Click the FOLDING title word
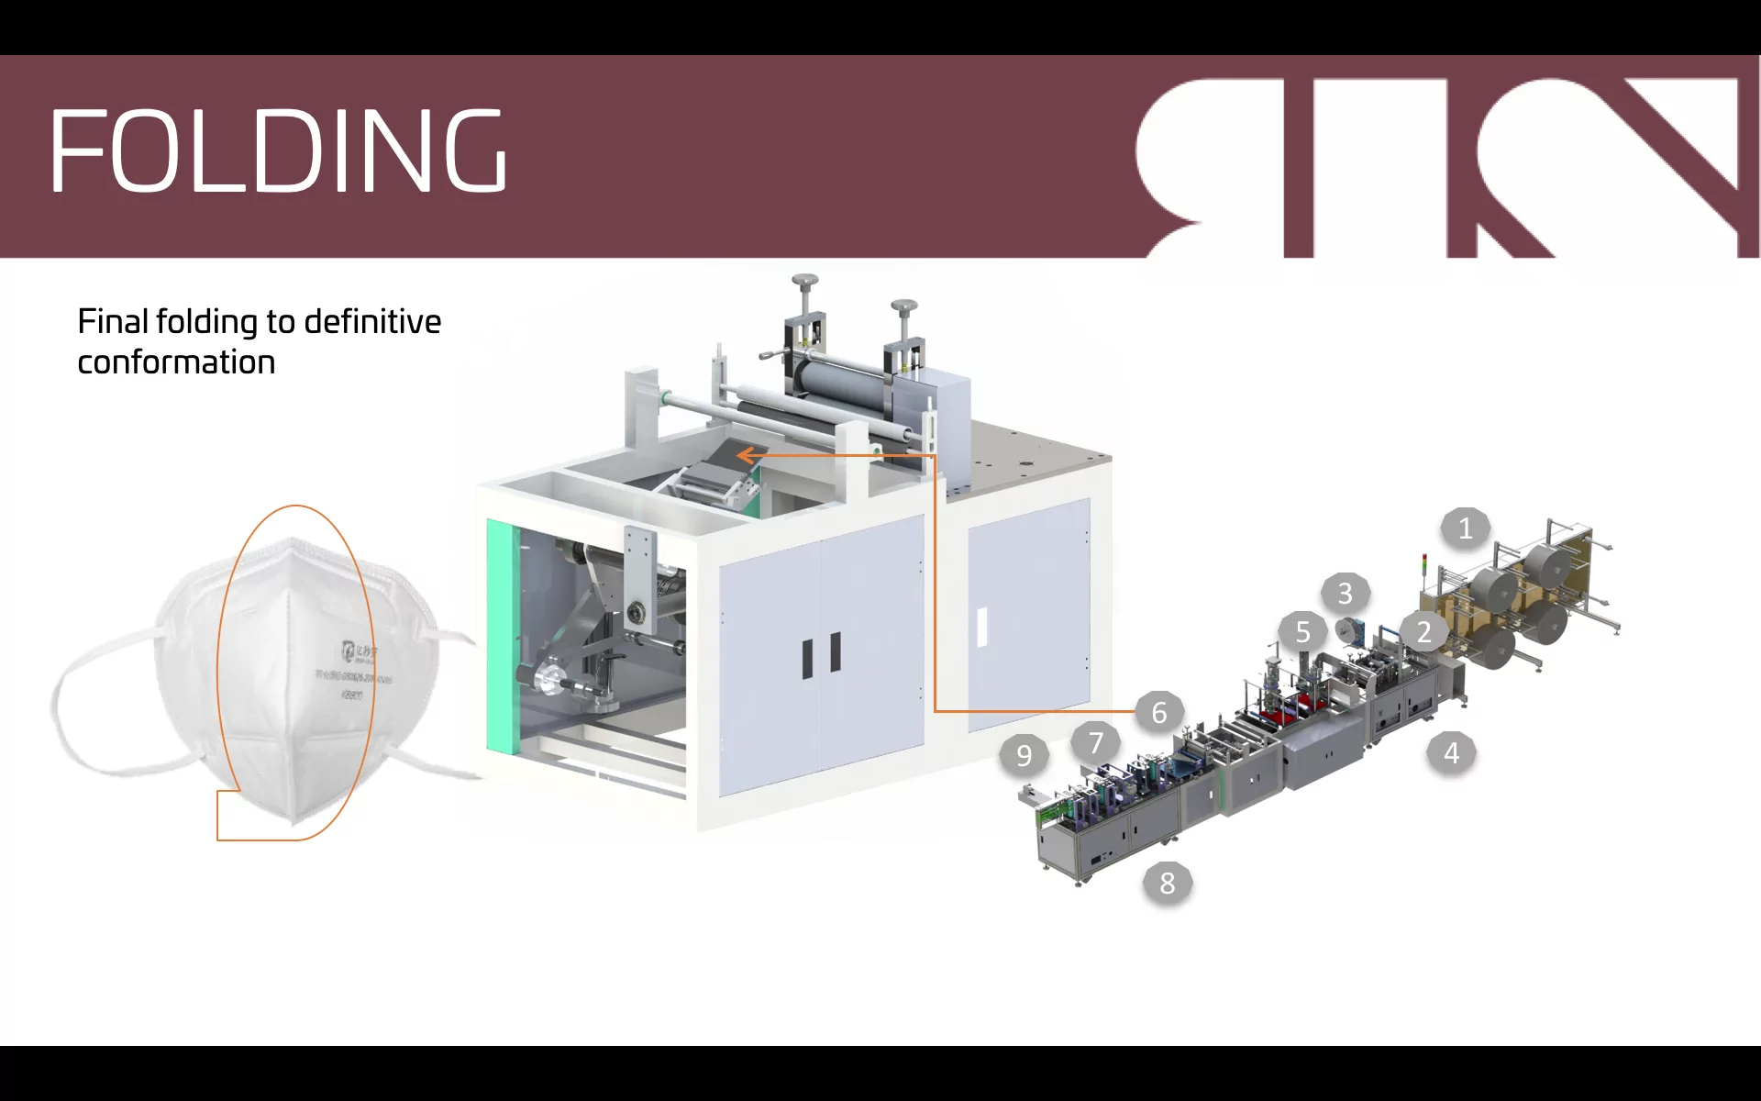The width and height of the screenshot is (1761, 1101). pos(277,150)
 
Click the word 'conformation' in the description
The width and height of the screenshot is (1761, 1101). pos(176,362)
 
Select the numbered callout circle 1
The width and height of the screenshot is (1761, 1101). pos(1465,528)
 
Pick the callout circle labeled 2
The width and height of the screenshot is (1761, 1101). pos(1423,632)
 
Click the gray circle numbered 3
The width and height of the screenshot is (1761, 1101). pos(1345,594)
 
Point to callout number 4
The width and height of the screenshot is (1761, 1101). pos(1451,753)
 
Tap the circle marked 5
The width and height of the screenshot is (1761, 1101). pos(1302,632)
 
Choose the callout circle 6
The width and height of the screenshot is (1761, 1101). pos(1159,712)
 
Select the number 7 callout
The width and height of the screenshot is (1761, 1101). pos(1095,742)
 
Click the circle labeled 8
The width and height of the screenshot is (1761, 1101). pos(1167,884)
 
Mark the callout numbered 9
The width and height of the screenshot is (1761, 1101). pos(1024,756)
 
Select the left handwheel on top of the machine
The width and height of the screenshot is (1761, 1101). pos(805,280)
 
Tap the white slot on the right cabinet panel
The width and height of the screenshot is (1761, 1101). pos(981,628)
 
